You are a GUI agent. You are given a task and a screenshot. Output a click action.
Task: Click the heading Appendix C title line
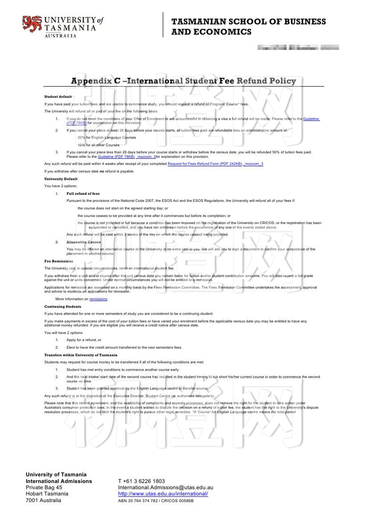coord(183,81)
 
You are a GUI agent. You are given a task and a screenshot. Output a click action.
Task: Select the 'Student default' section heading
coord(58,96)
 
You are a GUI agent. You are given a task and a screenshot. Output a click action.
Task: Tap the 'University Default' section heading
coord(61,179)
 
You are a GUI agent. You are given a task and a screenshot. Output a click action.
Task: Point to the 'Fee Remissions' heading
coord(59,261)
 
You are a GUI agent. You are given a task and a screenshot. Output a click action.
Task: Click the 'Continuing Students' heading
coord(63,307)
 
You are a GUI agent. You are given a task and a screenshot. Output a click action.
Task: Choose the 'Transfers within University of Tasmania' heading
coord(81,355)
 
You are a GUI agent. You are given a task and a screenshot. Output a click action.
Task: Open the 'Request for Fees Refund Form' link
coord(205,164)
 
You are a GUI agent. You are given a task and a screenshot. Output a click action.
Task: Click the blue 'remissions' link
coord(98,299)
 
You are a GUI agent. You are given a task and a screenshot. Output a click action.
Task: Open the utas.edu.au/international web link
coord(163,494)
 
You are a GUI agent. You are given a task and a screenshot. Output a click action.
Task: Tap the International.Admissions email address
coord(166,487)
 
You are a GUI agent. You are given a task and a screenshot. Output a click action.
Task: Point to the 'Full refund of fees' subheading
coord(83,193)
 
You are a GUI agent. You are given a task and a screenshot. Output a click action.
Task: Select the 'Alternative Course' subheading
coord(83,242)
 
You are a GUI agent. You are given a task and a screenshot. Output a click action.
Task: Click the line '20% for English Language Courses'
coord(107,137)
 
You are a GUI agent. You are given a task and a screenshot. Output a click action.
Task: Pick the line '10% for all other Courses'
coord(99,145)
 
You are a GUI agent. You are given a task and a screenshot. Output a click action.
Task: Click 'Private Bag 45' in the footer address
coord(44,487)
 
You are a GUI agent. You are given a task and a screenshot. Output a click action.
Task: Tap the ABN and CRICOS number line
coord(156,501)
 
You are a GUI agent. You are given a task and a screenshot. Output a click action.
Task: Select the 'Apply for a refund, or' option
coord(84,340)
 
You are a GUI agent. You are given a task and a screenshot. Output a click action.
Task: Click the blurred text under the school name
coord(298,48)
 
